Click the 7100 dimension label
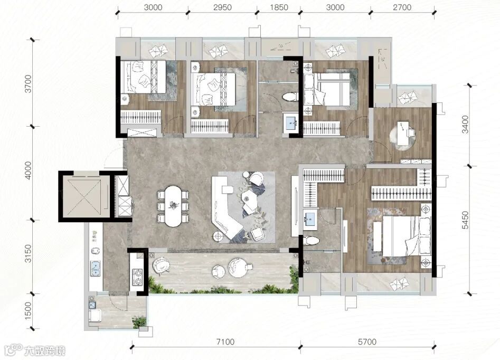pyautogui.click(x=225, y=342)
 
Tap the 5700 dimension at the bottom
pyautogui.click(x=367, y=342)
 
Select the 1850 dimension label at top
pyautogui.click(x=279, y=7)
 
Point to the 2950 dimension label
pyautogui.click(x=223, y=7)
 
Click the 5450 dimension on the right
pyautogui.click(x=466, y=220)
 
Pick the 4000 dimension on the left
pyautogui.click(x=29, y=170)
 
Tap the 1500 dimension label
pyautogui.click(x=29, y=311)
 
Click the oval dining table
pyautogui.click(x=173, y=206)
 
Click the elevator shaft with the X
pyautogui.click(x=84, y=196)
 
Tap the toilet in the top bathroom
pyautogui.click(x=290, y=97)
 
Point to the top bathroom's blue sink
pyautogui.click(x=291, y=123)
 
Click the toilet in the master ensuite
pyautogui.click(x=310, y=240)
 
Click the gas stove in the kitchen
pyautogui.click(x=138, y=277)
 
